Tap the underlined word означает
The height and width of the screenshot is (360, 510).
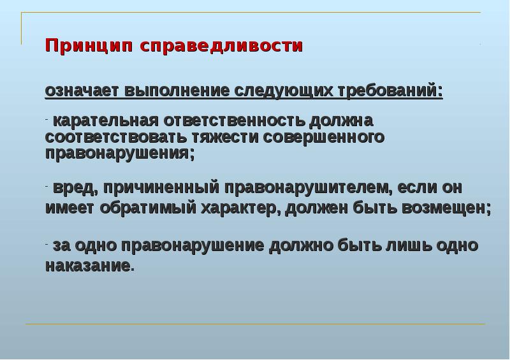click(82, 90)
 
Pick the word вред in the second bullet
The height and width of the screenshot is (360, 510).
click(74, 188)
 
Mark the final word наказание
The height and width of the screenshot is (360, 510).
click(88, 265)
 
